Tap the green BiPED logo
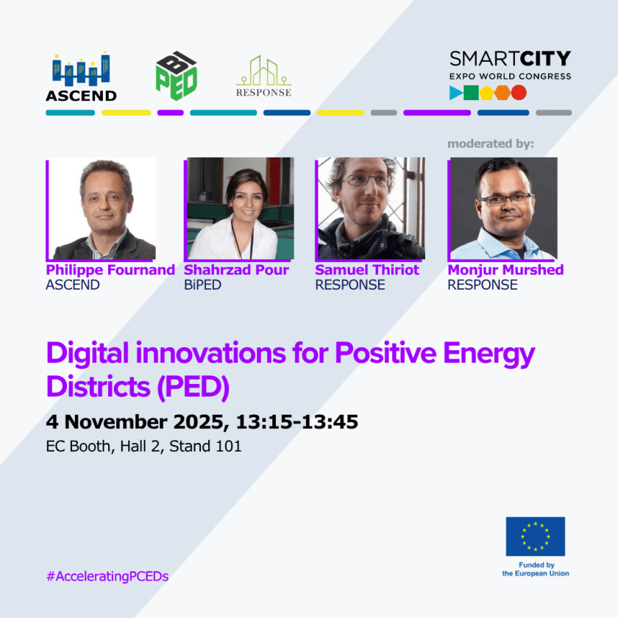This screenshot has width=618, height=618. pos(177,76)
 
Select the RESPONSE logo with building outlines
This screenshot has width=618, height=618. pos(263,77)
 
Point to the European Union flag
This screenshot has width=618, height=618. pos(535,536)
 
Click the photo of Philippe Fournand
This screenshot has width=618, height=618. pos(102,209)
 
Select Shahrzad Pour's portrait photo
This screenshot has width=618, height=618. pos(239,209)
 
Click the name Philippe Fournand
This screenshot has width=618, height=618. pos(110,270)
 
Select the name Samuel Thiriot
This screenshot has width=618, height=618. pos(367,270)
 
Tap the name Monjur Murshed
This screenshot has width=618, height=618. pos(505,270)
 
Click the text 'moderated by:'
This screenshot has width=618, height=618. pos(491,143)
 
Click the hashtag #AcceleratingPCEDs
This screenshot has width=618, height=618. pos(107,576)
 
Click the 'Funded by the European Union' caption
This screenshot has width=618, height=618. pos(535,569)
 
